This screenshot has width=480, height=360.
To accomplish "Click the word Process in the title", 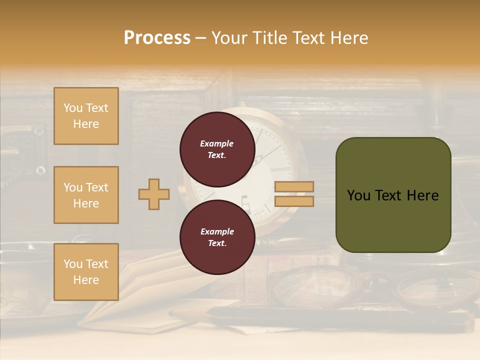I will pos(157,38).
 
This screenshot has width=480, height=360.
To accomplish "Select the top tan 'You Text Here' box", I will pos(86,116).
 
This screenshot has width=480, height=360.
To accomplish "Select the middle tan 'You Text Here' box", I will pos(86,195).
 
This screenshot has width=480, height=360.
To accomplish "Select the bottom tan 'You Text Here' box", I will pos(86,272).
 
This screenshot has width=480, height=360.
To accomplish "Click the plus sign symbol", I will pos(154,194).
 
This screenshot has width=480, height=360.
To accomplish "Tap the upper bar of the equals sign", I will pos(294,186).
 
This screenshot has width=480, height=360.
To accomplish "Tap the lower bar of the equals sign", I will pos(294,201).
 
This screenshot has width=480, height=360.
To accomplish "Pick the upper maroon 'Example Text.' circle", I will pos(217,149).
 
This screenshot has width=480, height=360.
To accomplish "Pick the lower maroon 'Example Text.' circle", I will pos(217,237).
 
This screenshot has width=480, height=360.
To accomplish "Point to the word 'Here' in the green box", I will pos(422,195).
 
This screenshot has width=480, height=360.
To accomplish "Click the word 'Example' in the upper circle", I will pos(217,143).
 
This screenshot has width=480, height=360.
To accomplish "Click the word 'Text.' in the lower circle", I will pos(217,243).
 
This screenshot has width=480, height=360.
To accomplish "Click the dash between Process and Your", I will pos(201,38).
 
